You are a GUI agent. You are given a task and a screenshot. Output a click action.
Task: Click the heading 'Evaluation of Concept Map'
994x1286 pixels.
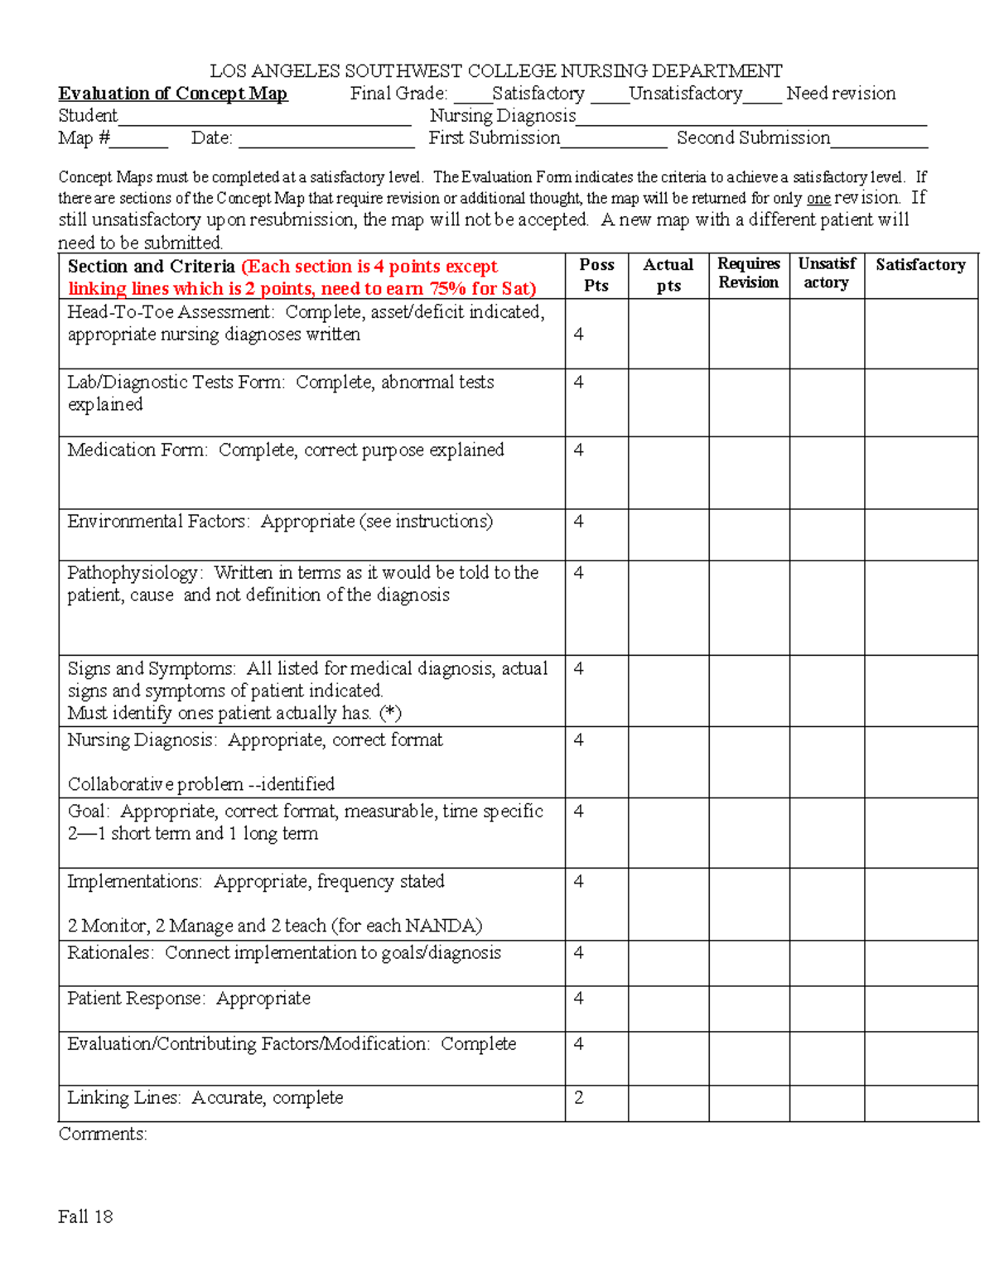pyautogui.click(x=172, y=94)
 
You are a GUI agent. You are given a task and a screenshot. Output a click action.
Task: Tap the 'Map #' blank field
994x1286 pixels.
pyautogui.click(x=138, y=140)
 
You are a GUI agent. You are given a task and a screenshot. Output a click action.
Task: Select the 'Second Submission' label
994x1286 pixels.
pyautogui.click(x=753, y=138)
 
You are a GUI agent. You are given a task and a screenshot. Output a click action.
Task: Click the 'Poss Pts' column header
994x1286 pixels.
pyautogui.click(x=596, y=275)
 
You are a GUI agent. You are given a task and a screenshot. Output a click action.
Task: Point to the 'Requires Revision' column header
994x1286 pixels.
pyautogui.click(x=748, y=273)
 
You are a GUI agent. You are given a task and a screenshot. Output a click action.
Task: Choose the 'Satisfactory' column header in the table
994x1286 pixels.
pyautogui.click(x=920, y=265)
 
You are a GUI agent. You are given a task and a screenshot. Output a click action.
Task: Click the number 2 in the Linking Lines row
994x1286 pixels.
pyautogui.click(x=579, y=1097)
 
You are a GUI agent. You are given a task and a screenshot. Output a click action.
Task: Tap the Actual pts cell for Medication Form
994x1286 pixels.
pyautogui.click(x=668, y=472)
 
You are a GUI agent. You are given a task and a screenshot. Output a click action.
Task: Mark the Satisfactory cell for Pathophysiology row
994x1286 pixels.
pyautogui.click(x=920, y=607)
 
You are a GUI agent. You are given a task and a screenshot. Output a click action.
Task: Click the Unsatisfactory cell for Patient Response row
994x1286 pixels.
pyautogui.click(x=826, y=1008)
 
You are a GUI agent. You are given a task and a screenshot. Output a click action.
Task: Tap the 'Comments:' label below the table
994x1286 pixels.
pyautogui.click(x=103, y=1134)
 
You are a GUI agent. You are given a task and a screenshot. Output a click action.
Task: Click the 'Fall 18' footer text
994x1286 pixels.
pyautogui.click(x=85, y=1216)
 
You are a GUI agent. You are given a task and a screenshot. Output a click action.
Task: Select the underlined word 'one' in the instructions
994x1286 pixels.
pyautogui.click(x=818, y=199)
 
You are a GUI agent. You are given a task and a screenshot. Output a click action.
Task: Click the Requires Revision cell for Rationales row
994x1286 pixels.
pyautogui.click(x=748, y=962)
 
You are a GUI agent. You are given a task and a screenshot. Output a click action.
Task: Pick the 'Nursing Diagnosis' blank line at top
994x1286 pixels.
pyautogui.click(x=750, y=118)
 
